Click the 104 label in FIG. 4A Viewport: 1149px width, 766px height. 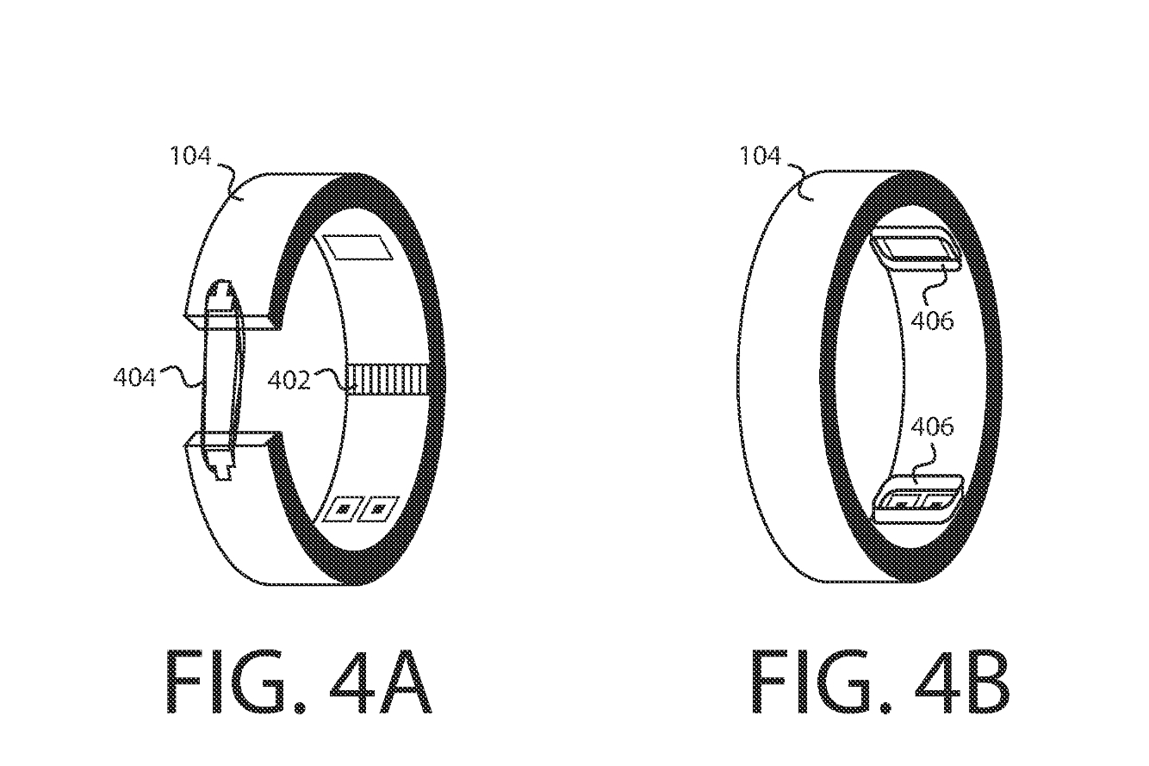(x=190, y=155)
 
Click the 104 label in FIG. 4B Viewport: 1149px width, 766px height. (x=760, y=155)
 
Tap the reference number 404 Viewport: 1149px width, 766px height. (x=134, y=377)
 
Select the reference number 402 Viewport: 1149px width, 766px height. (x=289, y=380)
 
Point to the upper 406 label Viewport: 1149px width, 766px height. (x=932, y=321)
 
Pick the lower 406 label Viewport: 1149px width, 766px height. (x=932, y=427)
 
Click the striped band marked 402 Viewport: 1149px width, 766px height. (x=388, y=378)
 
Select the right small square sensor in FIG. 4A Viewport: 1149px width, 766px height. (x=379, y=509)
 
